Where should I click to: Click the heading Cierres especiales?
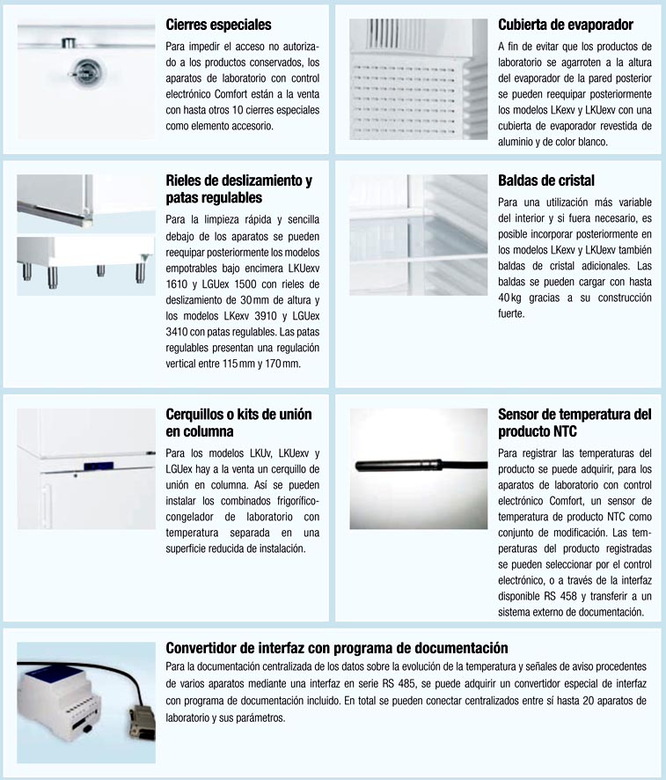[218, 25]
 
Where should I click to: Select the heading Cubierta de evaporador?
[565, 25]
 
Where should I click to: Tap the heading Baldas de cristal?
[546, 180]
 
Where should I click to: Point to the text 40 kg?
[509, 298]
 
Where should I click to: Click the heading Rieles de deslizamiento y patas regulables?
[238, 189]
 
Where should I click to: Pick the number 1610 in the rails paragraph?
[178, 284]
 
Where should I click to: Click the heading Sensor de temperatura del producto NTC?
[574, 422]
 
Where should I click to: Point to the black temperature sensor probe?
[396, 462]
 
